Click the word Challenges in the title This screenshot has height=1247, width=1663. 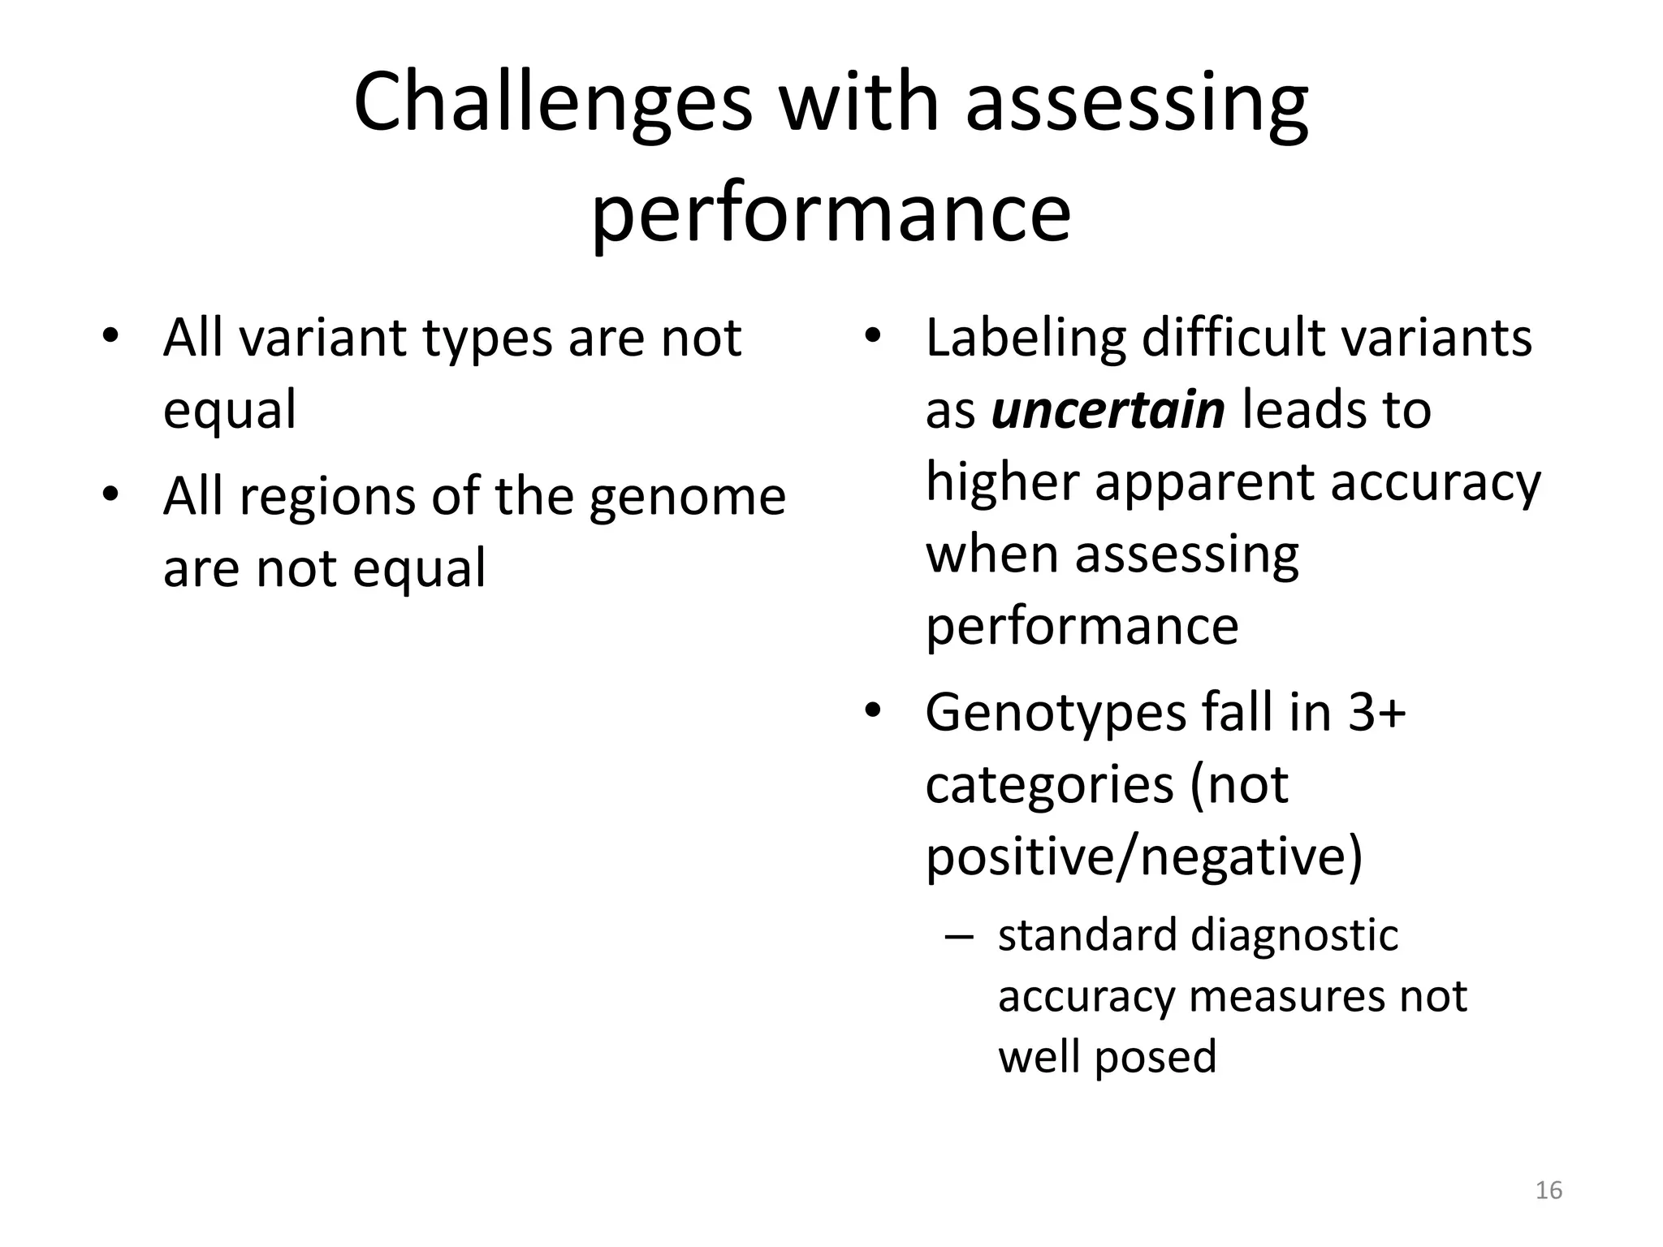click(553, 104)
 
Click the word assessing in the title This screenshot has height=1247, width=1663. click(1136, 104)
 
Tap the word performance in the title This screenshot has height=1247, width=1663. click(831, 213)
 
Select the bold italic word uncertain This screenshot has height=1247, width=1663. click(1108, 410)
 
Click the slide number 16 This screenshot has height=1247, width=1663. click(1549, 1190)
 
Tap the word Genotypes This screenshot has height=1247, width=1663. click(1054, 712)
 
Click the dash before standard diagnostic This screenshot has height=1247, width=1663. click(959, 936)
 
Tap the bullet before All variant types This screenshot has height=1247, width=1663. click(110, 336)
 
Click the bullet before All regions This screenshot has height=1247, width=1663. click(110, 494)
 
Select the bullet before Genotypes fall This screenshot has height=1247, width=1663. click(872, 711)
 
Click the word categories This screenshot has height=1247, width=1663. click(1049, 784)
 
